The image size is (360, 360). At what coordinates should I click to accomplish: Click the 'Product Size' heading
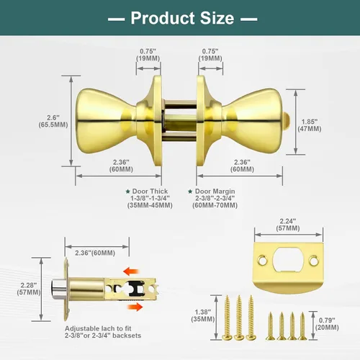(182, 18)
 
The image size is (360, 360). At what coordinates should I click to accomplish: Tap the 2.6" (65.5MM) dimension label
(53, 121)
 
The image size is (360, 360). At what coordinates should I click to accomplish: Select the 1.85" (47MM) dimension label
(310, 125)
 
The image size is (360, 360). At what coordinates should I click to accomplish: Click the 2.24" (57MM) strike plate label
(288, 225)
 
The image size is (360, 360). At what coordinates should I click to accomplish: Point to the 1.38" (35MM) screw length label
(203, 315)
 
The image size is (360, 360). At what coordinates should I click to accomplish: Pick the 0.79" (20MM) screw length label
(327, 324)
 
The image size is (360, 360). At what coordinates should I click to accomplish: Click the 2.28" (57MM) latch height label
(29, 289)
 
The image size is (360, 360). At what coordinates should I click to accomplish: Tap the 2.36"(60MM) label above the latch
(95, 253)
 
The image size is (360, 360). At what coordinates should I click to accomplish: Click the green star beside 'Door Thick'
(128, 192)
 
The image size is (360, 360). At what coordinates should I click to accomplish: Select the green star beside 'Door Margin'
(190, 192)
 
